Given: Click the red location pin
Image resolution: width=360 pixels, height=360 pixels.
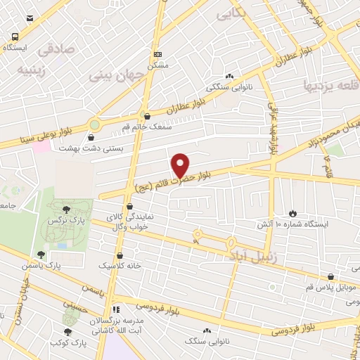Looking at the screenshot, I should point(181,165).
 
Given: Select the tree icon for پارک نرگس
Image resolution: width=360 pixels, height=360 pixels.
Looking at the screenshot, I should point(66,209).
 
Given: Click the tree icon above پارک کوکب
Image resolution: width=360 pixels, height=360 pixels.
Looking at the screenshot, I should point(67,332).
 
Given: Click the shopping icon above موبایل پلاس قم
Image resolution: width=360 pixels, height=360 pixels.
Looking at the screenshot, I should point(330,277).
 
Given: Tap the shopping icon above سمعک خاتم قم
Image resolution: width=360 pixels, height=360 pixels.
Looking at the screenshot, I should point(147,117).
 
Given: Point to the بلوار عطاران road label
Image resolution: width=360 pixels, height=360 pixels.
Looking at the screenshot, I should point(191,104).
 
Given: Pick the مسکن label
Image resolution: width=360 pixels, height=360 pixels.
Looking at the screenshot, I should point(157,65).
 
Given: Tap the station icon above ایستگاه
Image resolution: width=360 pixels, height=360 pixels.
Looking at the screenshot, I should point(15,37).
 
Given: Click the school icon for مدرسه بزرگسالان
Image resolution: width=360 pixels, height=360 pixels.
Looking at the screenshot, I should point(117,309).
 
